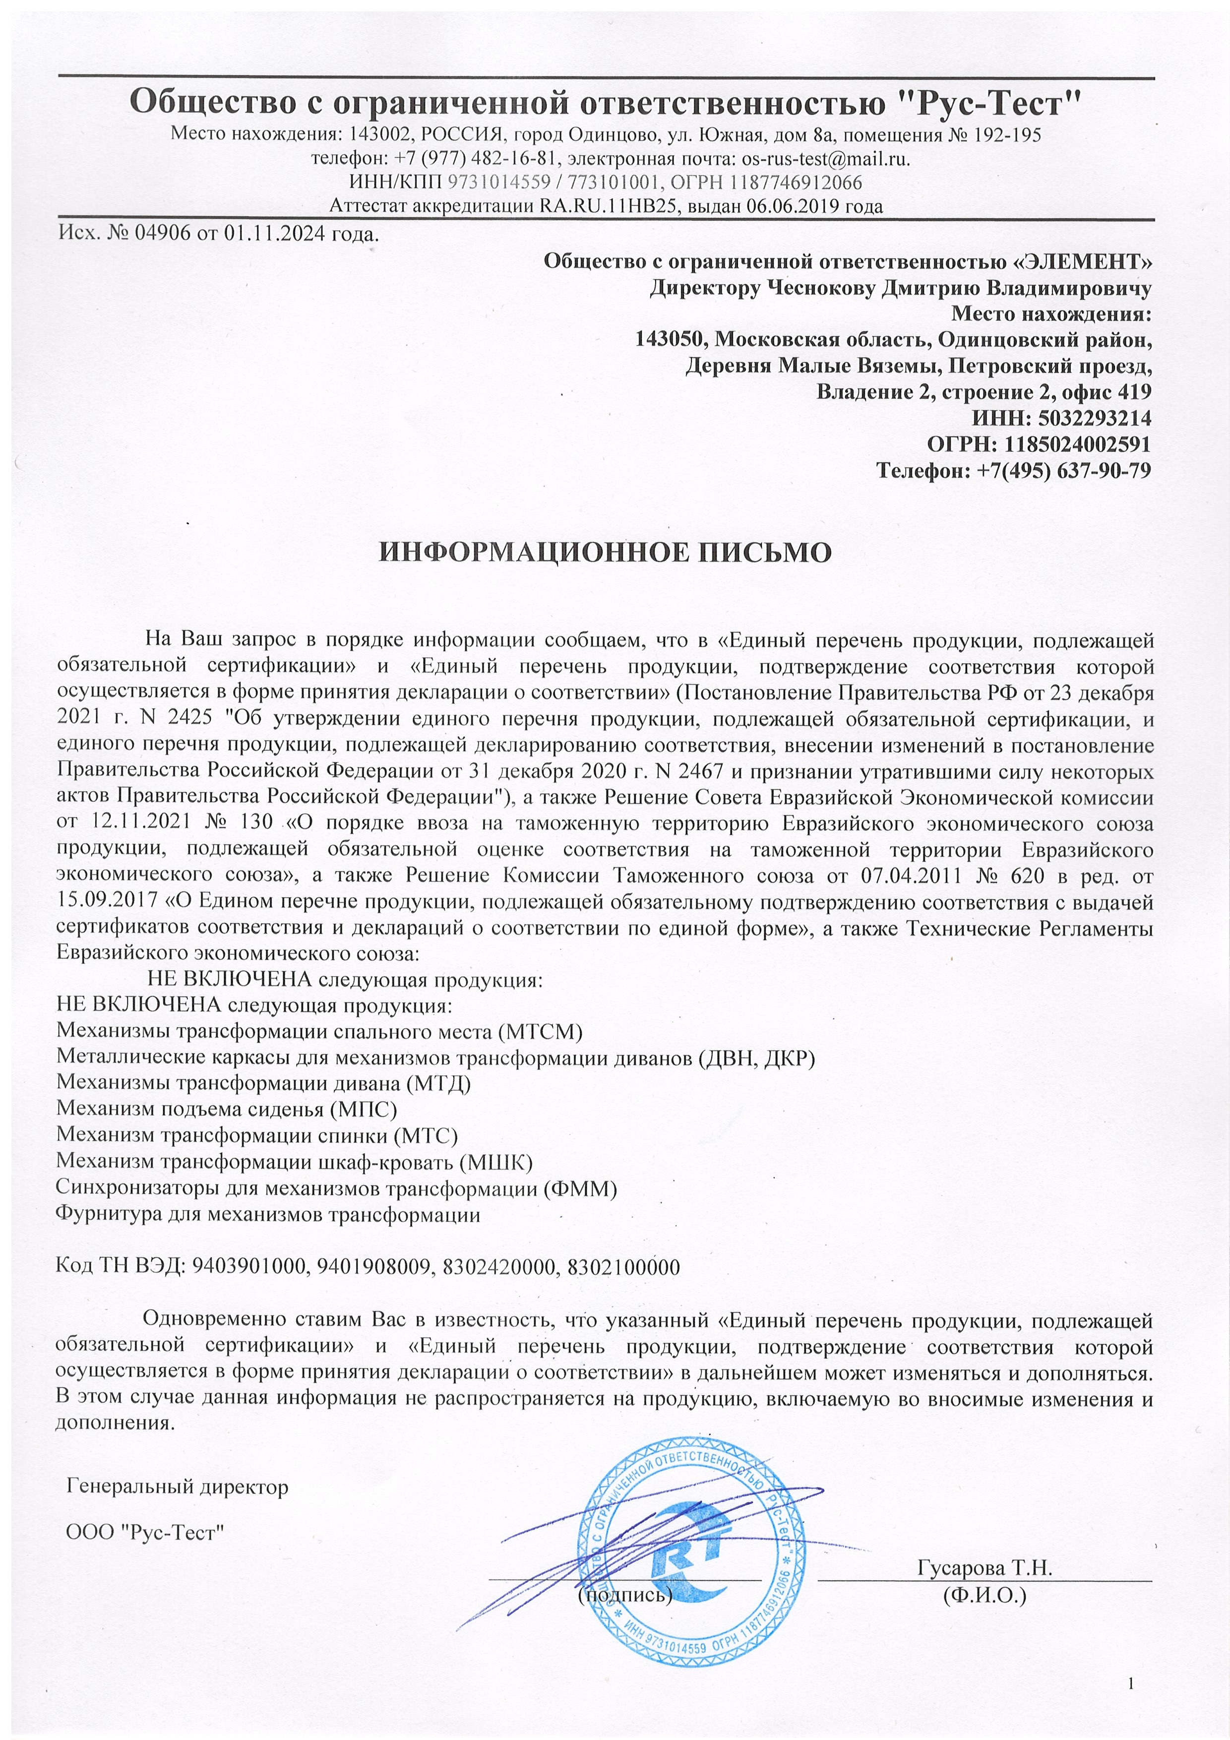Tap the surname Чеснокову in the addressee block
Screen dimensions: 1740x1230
pyautogui.click(x=823, y=288)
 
